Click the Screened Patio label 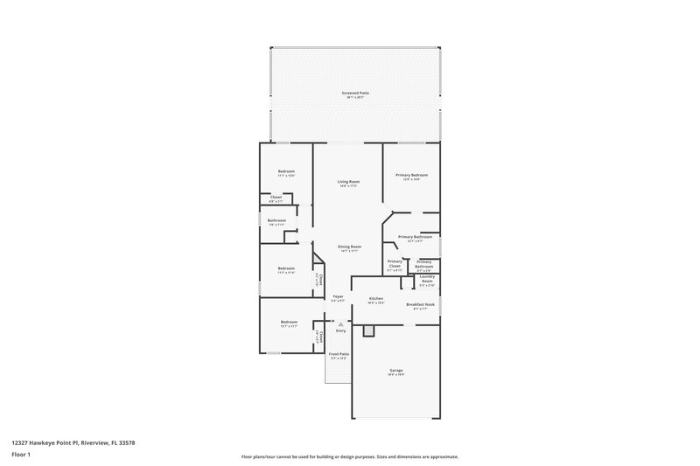tap(355, 93)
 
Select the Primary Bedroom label tap(411, 177)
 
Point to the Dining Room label tap(349, 248)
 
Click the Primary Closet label tap(395, 266)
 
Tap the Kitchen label tap(376, 300)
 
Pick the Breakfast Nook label tap(420, 306)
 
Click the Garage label tap(396, 372)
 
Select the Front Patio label tap(339, 356)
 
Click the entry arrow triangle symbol tap(341, 323)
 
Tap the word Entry tap(341, 330)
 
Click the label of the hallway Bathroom tap(277, 222)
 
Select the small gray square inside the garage tap(369, 330)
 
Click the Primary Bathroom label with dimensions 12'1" tap(416, 239)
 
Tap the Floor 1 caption tap(21, 456)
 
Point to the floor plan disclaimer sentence tap(349, 456)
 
